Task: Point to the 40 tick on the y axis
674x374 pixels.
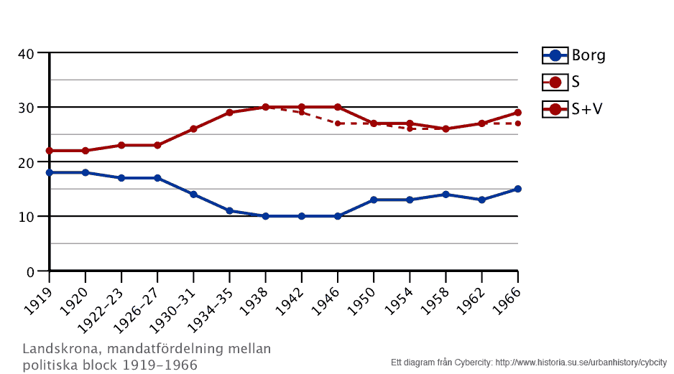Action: (27, 53)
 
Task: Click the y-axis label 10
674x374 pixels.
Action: (27, 217)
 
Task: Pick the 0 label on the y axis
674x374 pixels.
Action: (31, 271)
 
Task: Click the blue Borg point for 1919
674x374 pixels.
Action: (50, 173)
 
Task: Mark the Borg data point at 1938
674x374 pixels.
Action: (265, 216)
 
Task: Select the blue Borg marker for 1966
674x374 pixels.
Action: (517, 189)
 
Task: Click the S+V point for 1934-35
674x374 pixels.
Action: (229, 113)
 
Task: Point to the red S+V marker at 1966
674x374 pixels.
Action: (517, 113)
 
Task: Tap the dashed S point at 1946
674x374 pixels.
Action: (338, 123)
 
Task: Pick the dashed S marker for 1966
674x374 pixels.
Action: (517, 123)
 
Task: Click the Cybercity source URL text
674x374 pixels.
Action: (581, 362)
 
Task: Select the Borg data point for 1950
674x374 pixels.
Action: (374, 200)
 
